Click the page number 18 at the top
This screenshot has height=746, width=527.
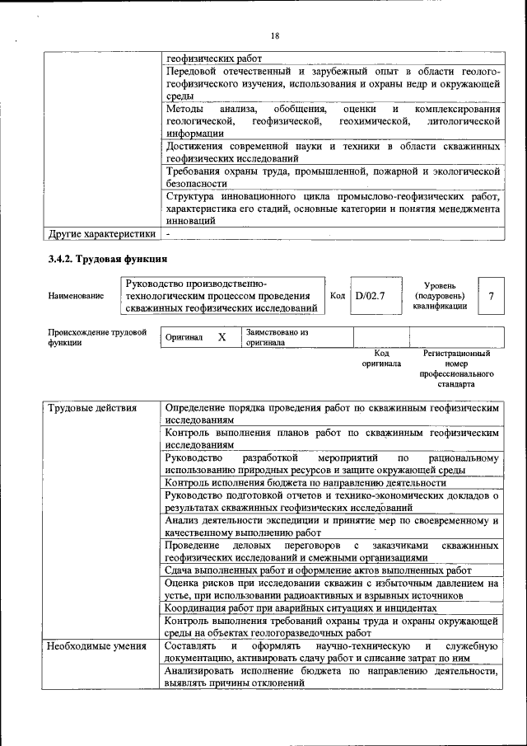coord(274,35)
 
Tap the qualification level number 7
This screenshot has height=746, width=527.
coord(492,295)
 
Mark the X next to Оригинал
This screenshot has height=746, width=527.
coord(222,337)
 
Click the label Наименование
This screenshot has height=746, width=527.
coord(77,296)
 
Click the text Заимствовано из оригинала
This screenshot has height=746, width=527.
coord(277,337)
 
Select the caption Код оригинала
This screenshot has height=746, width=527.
coord(381,358)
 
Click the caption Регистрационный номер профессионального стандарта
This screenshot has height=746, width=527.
coord(456,368)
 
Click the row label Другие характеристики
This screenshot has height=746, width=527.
coord(103,233)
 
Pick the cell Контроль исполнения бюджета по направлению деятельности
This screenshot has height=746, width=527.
coord(317,482)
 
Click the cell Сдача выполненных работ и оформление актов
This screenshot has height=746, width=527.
coord(318,570)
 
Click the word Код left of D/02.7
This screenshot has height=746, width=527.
coord(337,295)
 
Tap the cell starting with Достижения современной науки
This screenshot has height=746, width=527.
coord(333,152)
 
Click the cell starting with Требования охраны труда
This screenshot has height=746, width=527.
coord(333,177)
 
